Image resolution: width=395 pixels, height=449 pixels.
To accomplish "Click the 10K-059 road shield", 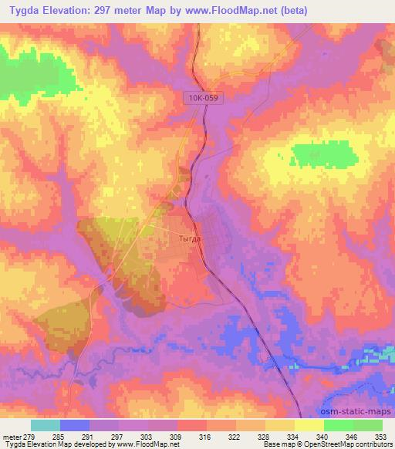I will pyautogui.click(x=203, y=99).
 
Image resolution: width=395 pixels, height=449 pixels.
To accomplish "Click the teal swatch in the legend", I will pyautogui.click(x=46, y=425).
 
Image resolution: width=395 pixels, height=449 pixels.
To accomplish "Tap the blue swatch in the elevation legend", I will pyautogui.click(x=75, y=425).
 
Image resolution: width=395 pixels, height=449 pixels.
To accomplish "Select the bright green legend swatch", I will pyautogui.click(x=338, y=425).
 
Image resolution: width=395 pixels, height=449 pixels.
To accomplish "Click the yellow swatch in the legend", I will pyautogui.click(x=309, y=425).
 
